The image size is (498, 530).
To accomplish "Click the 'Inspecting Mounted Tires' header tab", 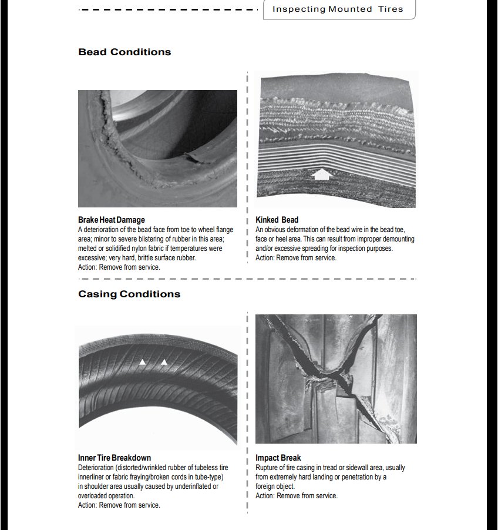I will pos(338,9).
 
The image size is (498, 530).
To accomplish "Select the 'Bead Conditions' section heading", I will pos(124,52).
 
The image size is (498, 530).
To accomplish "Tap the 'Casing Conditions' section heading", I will pos(129,294).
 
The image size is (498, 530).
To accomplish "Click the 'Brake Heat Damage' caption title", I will pos(111,220).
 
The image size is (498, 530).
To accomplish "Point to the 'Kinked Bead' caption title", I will pos(277,220).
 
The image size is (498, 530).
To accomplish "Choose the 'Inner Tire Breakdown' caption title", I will pos(115,458).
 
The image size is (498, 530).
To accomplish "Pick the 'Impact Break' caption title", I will pos(278,458).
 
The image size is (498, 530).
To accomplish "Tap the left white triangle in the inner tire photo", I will pos(143,362).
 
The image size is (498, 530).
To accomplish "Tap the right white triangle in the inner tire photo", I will pos(164,362).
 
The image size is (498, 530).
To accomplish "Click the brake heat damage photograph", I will pos(157,148).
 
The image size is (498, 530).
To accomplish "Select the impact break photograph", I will pos(336,378).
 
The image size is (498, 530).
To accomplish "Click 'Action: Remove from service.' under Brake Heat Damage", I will pos(119,267).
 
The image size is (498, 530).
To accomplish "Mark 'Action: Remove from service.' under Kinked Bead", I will pos(296,257).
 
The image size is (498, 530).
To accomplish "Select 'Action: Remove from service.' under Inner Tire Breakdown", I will pos(119,505).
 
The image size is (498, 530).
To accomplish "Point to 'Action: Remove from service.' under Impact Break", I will pos(297,495).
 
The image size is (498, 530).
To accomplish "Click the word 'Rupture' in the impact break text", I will pos(267,468).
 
